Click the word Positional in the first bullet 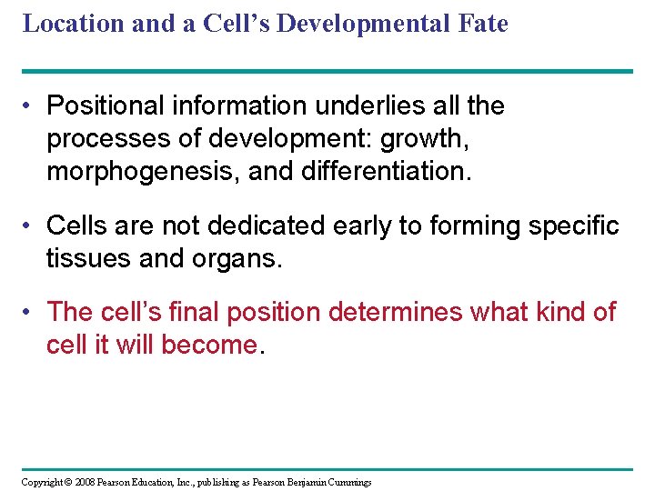click(100, 106)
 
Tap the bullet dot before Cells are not click(31, 225)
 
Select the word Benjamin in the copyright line click(305, 482)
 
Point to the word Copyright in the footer click(40, 482)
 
